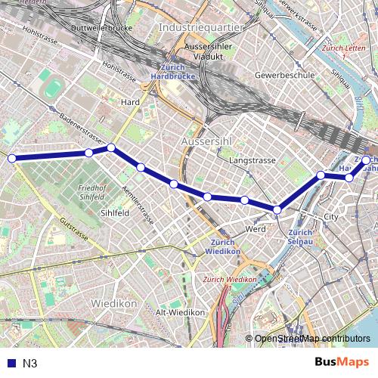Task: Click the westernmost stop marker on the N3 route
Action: tap(11, 158)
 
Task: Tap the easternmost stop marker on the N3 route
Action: tap(367, 160)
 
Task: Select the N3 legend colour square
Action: tap(10, 363)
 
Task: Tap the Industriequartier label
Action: tap(201, 27)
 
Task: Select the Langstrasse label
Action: tap(249, 161)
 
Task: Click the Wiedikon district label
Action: tap(113, 303)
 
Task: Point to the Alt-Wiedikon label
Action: tap(180, 312)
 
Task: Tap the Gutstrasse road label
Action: tap(76, 229)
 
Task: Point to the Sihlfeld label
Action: tap(115, 214)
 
